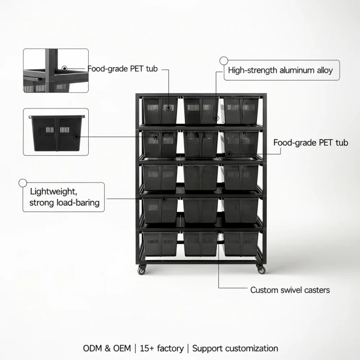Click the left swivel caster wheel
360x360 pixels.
click(142, 270)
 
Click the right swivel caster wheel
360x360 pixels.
click(261, 269)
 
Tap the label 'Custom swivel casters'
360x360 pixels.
click(290, 290)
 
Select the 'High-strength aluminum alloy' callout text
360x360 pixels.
click(280, 70)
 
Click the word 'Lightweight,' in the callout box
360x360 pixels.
click(54, 192)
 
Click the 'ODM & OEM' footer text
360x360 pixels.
click(107, 348)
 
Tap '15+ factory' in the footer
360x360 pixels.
click(162, 348)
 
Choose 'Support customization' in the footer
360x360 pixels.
click(235, 348)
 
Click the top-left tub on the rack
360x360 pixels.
click(160, 110)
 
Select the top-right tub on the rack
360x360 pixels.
click(241, 110)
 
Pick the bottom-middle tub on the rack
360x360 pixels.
click(200, 244)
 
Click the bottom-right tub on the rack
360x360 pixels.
click(241, 244)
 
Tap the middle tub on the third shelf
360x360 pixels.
click(201, 177)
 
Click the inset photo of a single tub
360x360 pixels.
click(56, 132)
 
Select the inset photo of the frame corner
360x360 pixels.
click(56, 71)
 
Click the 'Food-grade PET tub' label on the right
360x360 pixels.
click(310, 143)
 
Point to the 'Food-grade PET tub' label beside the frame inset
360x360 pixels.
click(122, 69)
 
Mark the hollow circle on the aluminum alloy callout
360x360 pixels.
click(224, 61)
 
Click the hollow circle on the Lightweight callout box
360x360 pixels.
click(23, 183)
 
